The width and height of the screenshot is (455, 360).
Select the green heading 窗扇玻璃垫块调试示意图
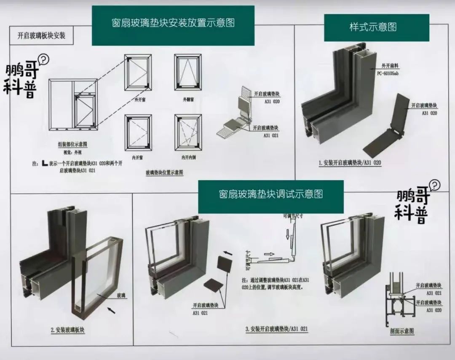click(270, 194)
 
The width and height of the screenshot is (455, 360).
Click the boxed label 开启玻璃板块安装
click(41, 35)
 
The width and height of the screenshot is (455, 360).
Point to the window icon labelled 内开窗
click(138, 132)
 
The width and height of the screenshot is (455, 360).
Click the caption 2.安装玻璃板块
click(67, 330)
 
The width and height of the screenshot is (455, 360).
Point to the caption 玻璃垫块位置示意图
click(164, 172)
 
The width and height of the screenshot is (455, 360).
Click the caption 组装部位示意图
click(72, 144)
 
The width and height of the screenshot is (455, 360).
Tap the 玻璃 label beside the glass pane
click(121, 296)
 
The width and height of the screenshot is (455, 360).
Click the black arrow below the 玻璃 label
click(111, 311)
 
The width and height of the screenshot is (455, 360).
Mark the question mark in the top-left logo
click(43, 59)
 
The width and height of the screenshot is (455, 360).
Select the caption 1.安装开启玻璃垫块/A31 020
click(350, 162)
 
